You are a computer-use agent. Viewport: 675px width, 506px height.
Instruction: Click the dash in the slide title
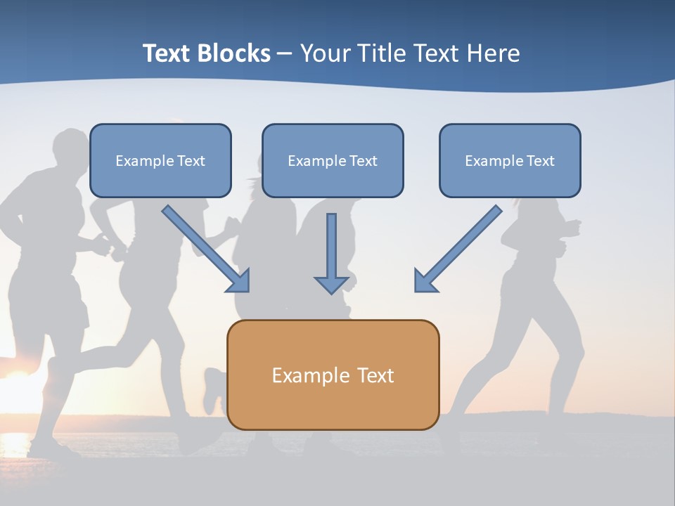(285, 54)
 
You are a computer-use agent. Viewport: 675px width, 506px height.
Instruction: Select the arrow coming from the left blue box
(206, 249)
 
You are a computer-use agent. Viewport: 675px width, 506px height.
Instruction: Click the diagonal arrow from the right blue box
(458, 249)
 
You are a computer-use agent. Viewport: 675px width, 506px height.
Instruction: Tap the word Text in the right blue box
(540, 161)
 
